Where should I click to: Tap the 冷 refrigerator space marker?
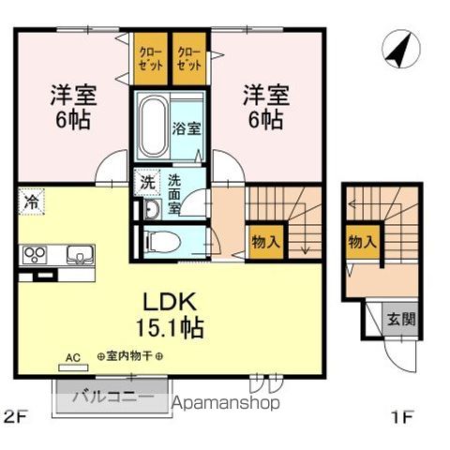click(x=31, y=202)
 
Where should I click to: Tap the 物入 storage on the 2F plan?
click(x=265, y=241)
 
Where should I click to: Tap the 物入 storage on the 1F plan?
click(x=362, y=241)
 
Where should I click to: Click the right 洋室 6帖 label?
click(x=265, y=107)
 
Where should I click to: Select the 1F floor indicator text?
click(x=397, y=416)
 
